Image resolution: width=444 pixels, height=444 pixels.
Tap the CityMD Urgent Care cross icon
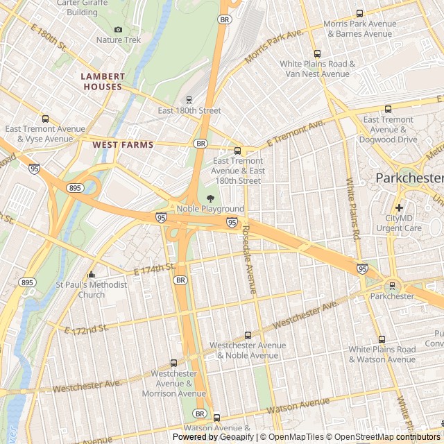pos(399,207)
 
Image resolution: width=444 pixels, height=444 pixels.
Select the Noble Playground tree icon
pos(210,198)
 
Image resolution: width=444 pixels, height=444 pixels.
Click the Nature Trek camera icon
pos(118,29)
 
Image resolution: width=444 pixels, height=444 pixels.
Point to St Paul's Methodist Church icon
pos(92,274)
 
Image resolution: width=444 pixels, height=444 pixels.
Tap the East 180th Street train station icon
pos(189,100)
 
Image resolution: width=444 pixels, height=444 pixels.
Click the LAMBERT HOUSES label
pos(103,82)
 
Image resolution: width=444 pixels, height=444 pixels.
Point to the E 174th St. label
pos(155,268)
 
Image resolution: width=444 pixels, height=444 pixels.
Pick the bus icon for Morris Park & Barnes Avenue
pos(359,13)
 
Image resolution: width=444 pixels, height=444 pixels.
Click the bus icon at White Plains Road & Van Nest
pos(317,53)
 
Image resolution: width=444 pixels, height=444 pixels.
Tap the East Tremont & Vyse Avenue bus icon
pos(45,119)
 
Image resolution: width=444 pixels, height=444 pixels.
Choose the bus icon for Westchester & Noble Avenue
pos(248,335)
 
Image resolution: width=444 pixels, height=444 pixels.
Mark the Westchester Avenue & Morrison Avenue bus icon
pos(173,363)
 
